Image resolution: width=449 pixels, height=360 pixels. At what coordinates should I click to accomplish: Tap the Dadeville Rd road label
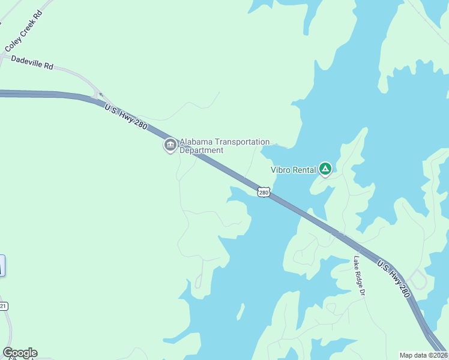(32, 63)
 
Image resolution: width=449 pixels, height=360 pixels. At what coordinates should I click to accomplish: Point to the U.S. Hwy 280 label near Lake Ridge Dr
(394, 278)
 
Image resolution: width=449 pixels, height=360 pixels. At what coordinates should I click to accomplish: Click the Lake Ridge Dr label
(358, 276)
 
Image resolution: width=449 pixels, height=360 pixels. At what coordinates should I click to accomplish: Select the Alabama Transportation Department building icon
(170, 145)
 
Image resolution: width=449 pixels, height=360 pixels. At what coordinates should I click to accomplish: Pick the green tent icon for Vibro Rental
(325, 169)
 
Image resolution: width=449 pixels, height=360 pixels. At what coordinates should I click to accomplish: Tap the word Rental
(305, 170)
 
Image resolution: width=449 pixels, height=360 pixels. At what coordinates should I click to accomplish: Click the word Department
(202, 150)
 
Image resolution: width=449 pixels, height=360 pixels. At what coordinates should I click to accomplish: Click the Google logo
(20, 353)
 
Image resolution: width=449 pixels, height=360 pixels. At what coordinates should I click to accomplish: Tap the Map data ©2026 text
(423, 355)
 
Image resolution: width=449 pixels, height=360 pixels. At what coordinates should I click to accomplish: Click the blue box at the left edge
(2, 265)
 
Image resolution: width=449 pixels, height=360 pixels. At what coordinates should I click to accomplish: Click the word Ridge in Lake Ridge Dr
(358, 276)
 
